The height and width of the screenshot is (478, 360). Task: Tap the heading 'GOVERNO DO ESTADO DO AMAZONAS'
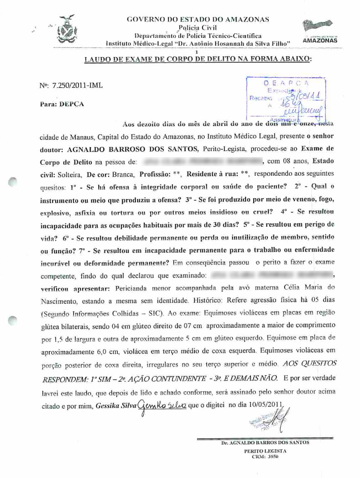(x=197, y=19)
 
